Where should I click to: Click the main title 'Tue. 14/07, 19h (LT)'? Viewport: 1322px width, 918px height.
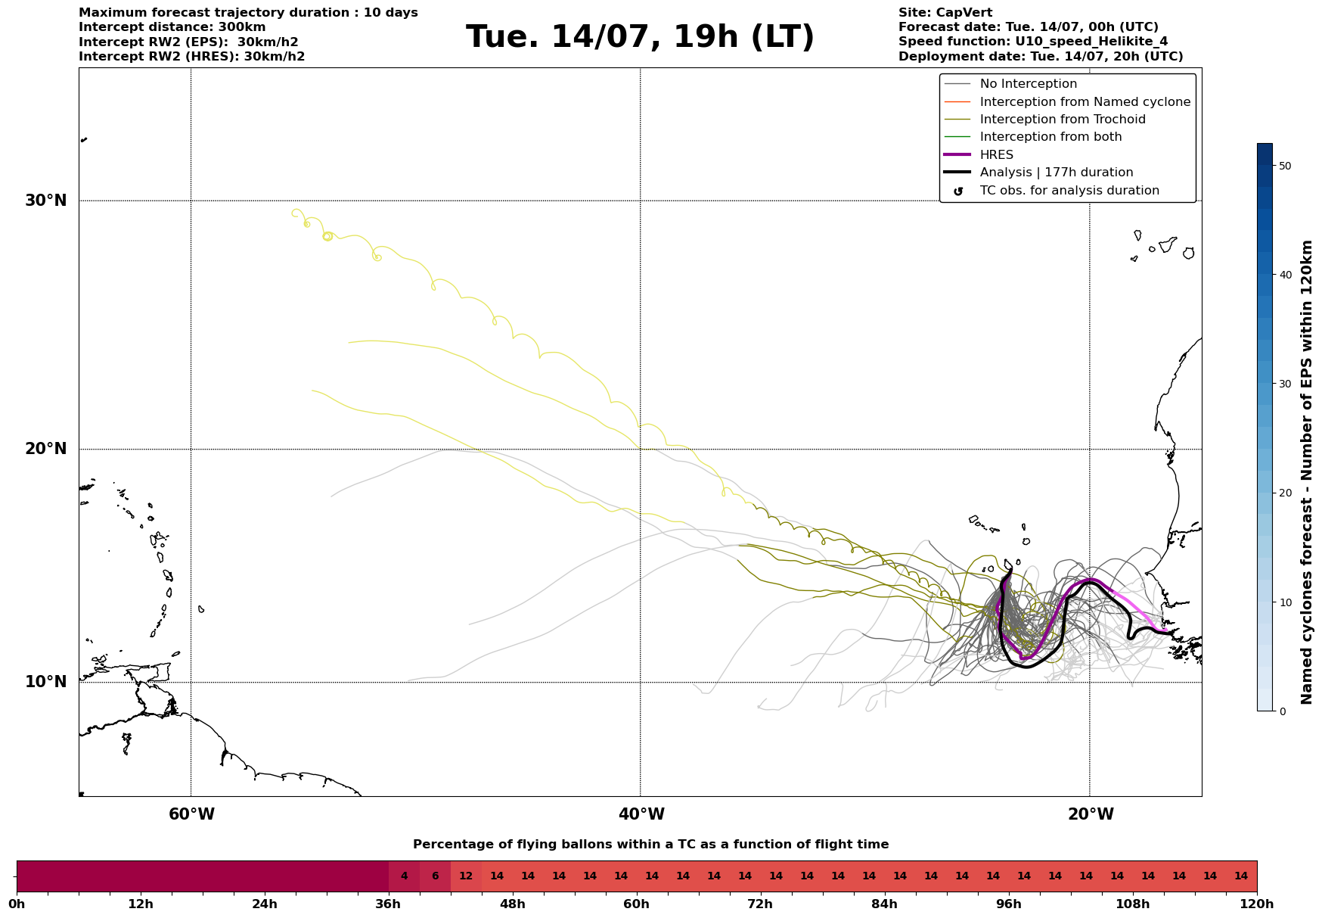(x=640, y=37)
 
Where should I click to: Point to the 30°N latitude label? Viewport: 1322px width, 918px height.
(x=46, y=201)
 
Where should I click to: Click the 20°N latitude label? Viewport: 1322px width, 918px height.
(x=46, y=449)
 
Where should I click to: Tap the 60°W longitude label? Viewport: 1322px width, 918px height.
(x=191, y=814)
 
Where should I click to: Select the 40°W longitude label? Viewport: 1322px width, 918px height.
(x=641, y=814)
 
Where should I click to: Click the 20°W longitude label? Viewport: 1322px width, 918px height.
(x=1091, y=814)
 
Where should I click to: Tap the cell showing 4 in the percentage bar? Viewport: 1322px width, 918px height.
(x=404, y=876)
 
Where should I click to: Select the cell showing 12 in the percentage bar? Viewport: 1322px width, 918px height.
(x=466, y=876)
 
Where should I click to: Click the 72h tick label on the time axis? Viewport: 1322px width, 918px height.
(x=760, y=904)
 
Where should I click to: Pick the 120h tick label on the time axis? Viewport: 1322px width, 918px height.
(x=1257, y=904)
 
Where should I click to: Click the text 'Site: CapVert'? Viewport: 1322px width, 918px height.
(x=945, y=13)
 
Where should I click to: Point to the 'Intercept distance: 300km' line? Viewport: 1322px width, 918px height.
(x=172, y=27)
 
